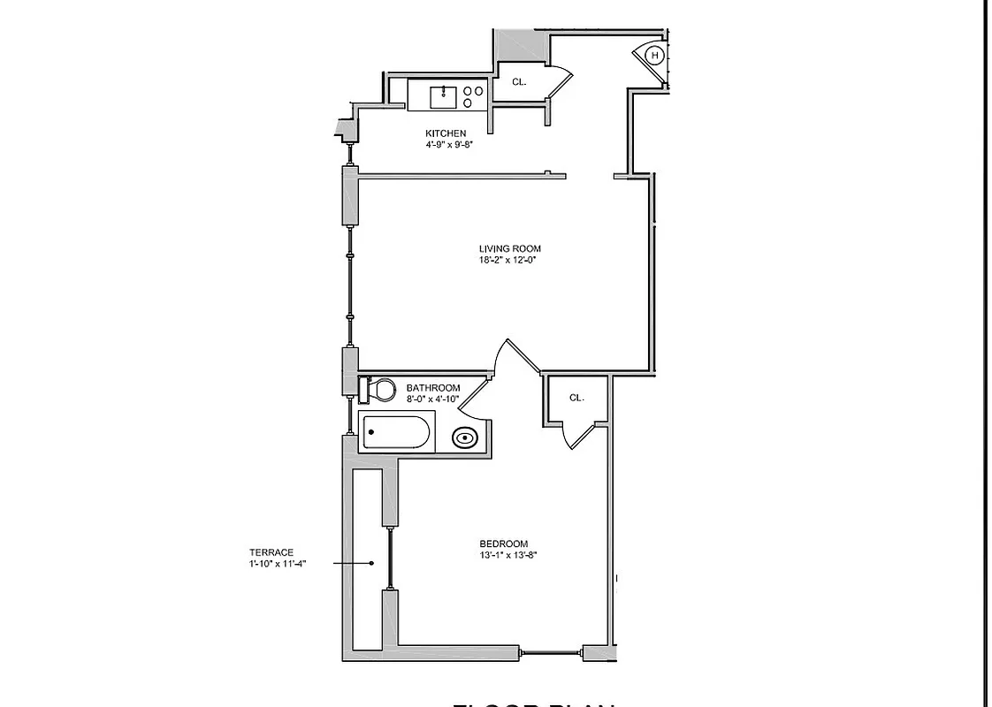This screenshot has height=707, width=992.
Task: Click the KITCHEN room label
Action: point(445,133)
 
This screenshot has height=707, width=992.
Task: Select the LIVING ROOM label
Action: point(509,249)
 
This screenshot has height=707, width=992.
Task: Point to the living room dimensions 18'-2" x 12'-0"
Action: point(509,260)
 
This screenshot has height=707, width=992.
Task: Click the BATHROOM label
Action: point(432,388)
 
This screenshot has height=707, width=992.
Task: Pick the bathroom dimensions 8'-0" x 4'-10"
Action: point(432,399)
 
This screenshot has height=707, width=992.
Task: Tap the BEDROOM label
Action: point(503,544)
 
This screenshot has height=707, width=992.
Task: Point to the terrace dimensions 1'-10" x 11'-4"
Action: point(277,563)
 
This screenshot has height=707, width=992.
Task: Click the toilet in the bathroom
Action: point(378,389)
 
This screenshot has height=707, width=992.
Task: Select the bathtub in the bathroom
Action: point(397,433)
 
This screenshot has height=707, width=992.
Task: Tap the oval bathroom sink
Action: point(464,437)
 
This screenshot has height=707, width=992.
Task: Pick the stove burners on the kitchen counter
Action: point(473,96)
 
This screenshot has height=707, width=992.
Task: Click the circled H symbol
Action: point(655,56)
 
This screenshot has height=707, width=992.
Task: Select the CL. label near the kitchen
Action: point(519,82)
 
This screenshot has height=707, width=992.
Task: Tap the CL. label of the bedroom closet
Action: point(576,398)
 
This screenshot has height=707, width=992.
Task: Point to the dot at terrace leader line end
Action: point(372,563)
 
